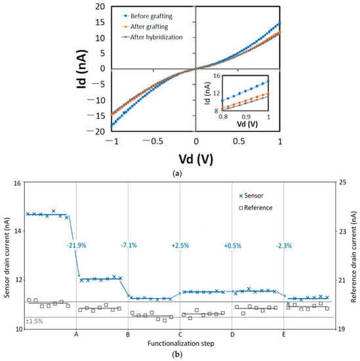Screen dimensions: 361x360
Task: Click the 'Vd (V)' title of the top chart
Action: tap(195, 158)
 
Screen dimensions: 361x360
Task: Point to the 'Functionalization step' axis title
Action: tap(180, 344)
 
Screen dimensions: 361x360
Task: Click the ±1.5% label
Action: tap(35, 321)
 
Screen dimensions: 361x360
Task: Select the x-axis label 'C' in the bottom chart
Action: tap(180, 335)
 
